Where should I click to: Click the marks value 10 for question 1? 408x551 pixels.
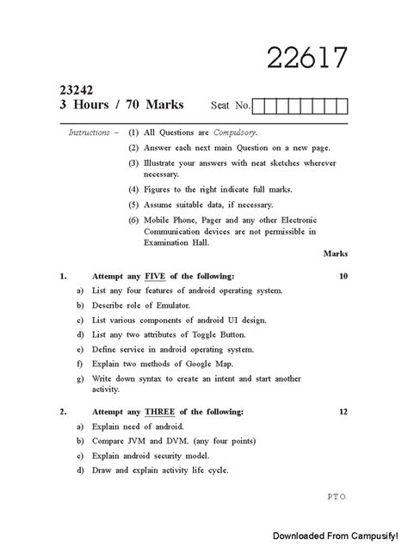click(x=343, y=276)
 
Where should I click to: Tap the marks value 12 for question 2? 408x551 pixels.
click(x=343, y=412)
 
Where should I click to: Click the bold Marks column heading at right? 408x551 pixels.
click(x=335, y=254)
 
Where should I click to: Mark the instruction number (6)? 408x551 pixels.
click(x=133, y=220)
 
